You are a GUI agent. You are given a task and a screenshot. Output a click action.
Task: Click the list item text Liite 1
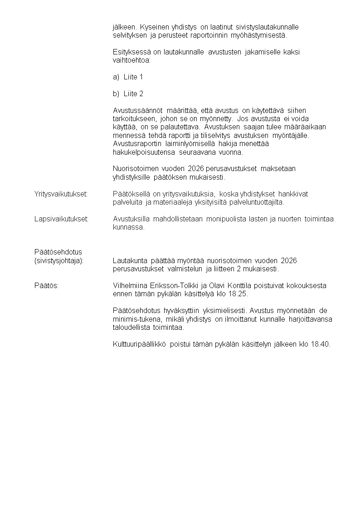[x=133, y=77]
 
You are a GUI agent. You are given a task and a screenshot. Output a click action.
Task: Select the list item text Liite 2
[x=133, y=94]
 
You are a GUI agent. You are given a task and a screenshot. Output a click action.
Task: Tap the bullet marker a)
[x=116, y=77]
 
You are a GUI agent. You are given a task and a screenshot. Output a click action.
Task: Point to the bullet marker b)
[x=116, y=94]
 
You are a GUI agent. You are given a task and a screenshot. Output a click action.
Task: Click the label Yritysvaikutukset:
[x=61, y=194]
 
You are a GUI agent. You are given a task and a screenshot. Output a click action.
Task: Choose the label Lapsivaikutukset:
[x=61, y=219]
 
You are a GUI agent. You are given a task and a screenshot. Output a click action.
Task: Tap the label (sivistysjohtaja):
[x=59, y=260]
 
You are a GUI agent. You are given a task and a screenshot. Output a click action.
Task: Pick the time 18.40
[x=321, y=344]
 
